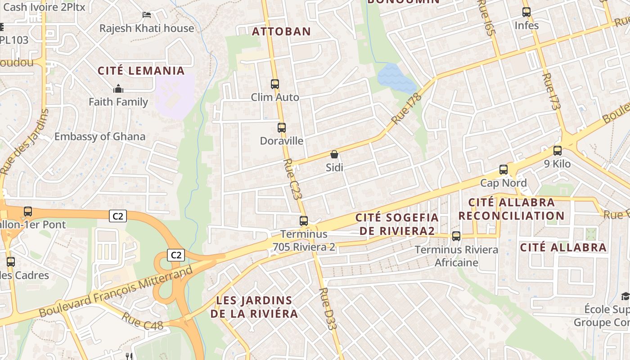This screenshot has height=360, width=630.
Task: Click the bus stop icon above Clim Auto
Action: coord(274,84)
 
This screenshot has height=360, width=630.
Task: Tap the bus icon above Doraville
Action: coord(282,128)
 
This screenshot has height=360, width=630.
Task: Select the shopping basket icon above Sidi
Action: coord(334,155)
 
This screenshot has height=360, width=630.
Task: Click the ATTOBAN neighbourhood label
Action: coord(281,31)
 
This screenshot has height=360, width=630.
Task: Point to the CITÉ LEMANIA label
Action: coord(141,71)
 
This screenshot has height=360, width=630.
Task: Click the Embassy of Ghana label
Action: coord(100,136)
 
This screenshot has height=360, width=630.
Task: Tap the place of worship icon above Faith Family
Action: coord(118,89)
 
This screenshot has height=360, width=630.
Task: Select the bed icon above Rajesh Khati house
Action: coord(147,15)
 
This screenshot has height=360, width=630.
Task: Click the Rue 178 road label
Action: coord(406,108)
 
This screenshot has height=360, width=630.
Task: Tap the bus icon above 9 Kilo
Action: coord(558,151)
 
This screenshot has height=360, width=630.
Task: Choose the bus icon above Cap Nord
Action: coord(504,170)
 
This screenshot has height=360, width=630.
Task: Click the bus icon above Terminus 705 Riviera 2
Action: coord(304,221)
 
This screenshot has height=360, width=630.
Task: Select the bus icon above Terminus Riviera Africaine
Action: coord(456,236)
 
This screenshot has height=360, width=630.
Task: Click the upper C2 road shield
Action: coord(118,216)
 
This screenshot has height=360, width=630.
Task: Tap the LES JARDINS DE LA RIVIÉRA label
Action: coord(254,307)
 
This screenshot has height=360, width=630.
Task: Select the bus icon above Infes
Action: coord(526,12)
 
